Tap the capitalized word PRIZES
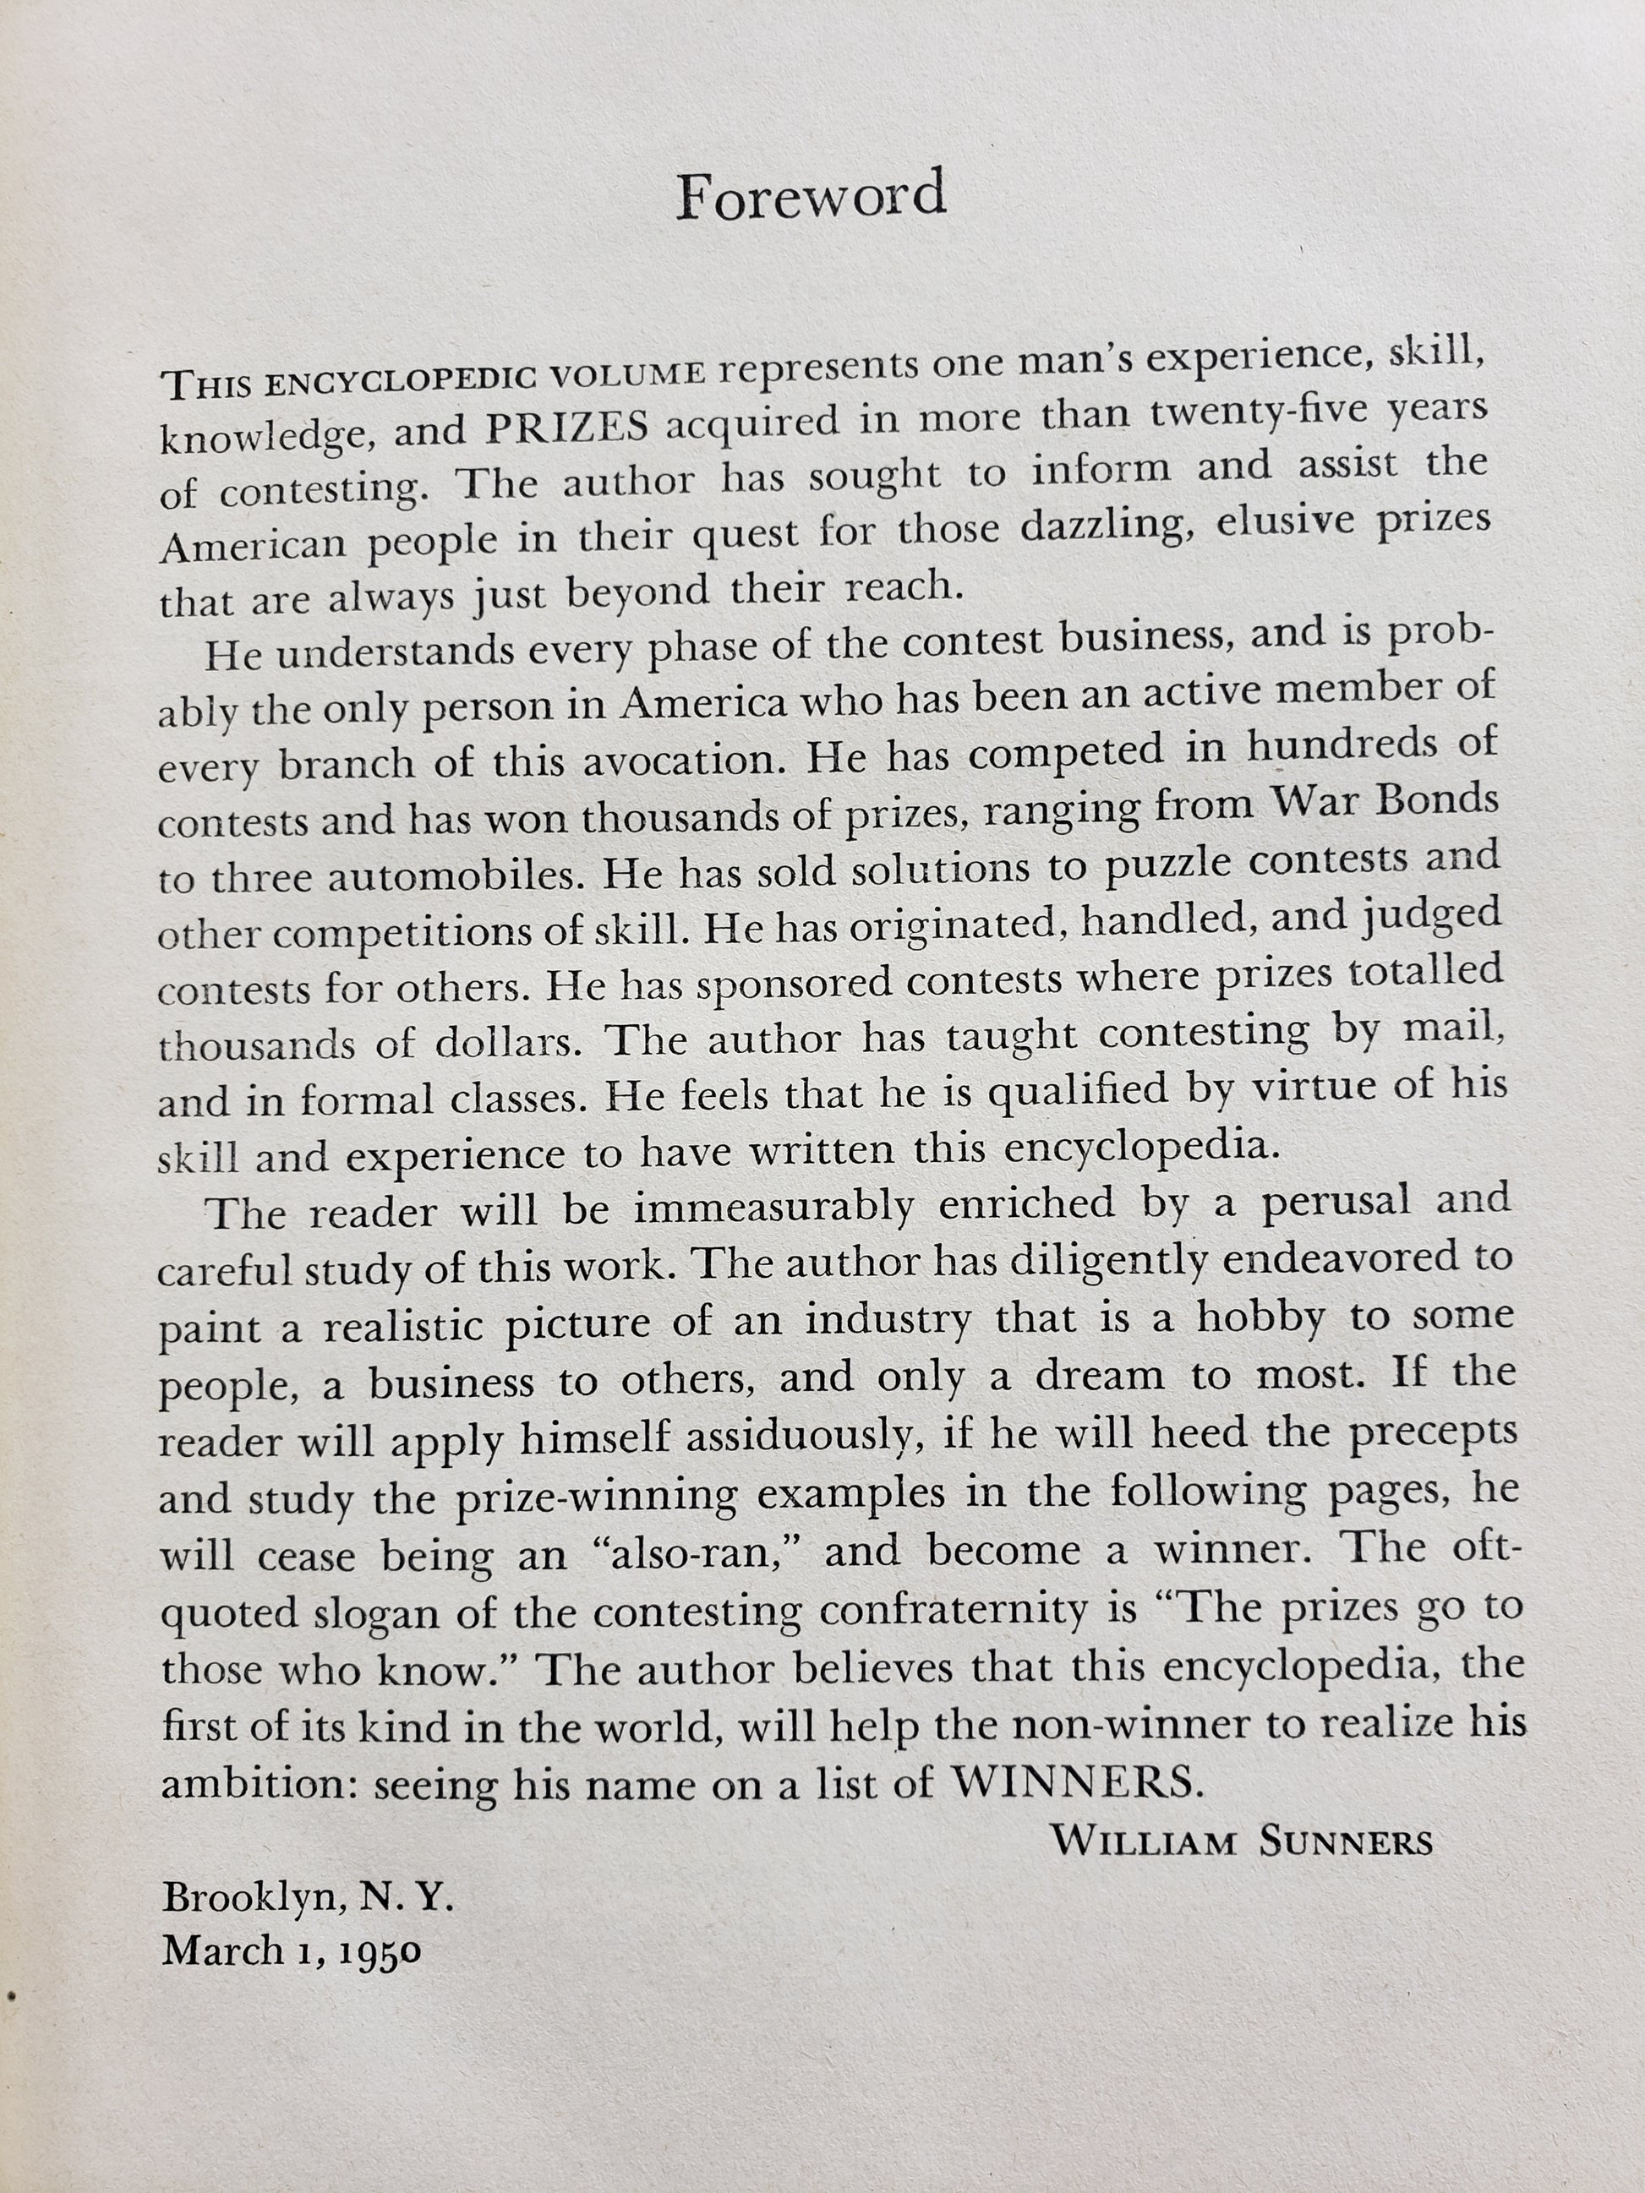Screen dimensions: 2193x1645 [566, 428]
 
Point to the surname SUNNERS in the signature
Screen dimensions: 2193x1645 [1346, 1842]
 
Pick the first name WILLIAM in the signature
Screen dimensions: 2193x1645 [1143, 1841]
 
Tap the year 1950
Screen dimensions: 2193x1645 [380, 1951]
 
